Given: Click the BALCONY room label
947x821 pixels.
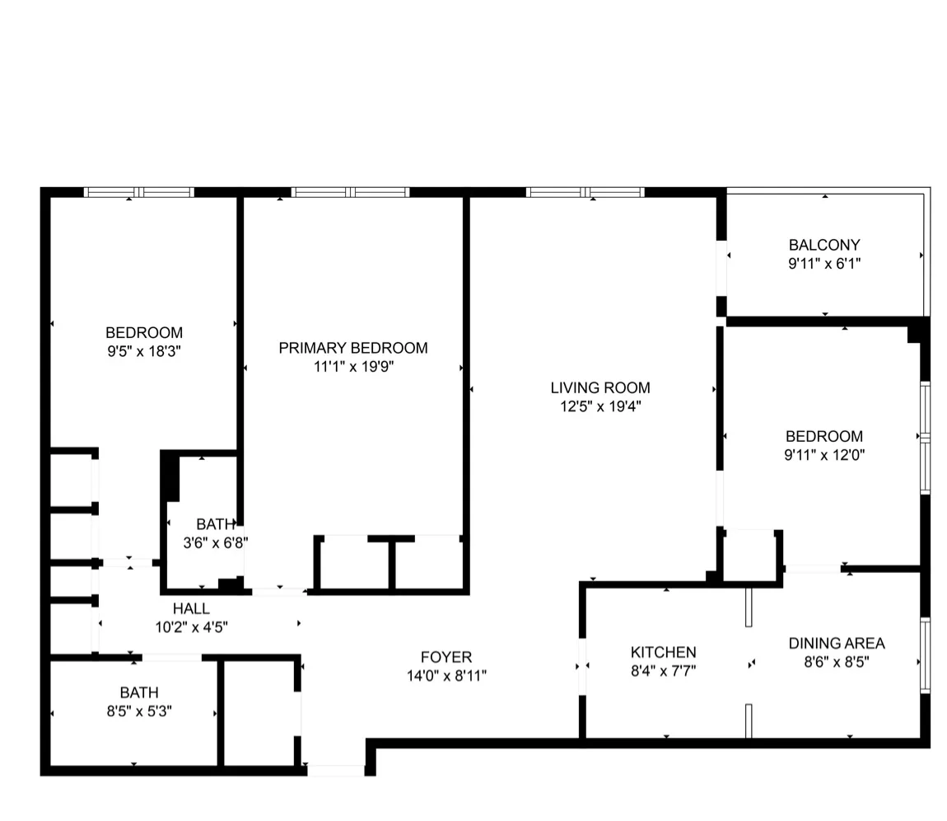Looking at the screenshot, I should (x=824, y=245).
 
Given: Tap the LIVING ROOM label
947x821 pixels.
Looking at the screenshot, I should (x=600, y=387).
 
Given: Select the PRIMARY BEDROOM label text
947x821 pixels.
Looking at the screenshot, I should (x=352, y=348).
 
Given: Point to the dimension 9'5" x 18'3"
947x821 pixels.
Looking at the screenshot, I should (x=144, y=351).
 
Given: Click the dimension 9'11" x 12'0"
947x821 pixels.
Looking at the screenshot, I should (x=824, y=454).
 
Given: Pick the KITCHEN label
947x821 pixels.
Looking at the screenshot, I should (x=664, y=652).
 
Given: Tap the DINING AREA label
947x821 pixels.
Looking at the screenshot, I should (x=837, y=644).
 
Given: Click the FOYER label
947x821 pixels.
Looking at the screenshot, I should (x=446, y=657).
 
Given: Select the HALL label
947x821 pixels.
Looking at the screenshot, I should (x=191, y=608).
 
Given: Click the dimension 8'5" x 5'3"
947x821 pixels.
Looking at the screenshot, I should (x=138, y=711).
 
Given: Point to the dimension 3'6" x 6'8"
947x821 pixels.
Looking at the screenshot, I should (x=215, y=542).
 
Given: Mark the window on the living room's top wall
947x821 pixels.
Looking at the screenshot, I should (x=585, y=193).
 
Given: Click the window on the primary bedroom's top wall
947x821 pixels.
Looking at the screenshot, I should (x=351, y=193).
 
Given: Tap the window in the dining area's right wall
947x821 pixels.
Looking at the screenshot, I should (x=925, y=654).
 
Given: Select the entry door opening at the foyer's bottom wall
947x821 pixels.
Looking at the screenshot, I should (x=336, y=771).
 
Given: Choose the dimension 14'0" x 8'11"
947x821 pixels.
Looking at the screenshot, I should (x=446, y=676).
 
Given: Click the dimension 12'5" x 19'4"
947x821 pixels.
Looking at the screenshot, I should (x=600, y=406).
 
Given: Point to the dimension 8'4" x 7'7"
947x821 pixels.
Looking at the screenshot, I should (x=664, y=670).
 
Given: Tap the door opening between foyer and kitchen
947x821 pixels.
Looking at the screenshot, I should (x=582, y=666).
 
